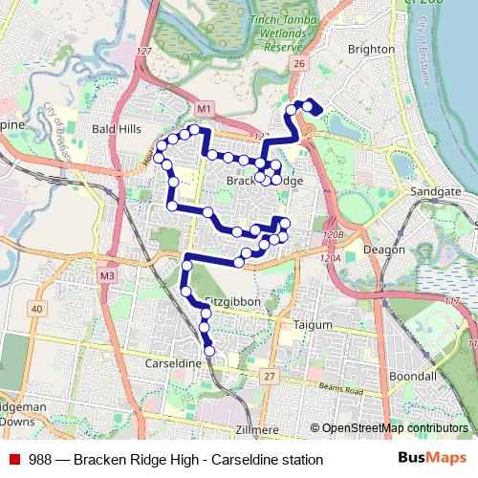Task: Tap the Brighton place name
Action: (371, 48)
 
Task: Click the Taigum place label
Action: (313, 325)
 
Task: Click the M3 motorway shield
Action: (106, 276)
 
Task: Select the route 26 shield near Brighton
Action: (299, 64)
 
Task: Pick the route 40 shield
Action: (36, 308)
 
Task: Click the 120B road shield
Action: (333, 234)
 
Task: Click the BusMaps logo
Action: (431, 459)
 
